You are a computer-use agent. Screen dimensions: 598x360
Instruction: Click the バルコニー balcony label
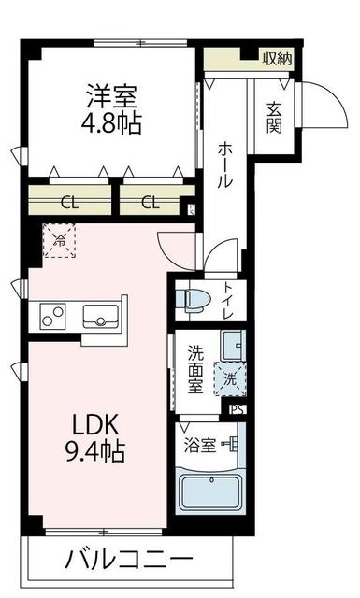click(x=129, y=562)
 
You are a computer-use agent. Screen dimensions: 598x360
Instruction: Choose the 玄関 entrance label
click(x=274, y=118)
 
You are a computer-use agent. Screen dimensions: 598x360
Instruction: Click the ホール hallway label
click(x=225, y=163)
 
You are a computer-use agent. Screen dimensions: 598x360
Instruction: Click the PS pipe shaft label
click(x=237, y=407)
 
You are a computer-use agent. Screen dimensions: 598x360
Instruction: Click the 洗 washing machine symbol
click(x=231, y=379)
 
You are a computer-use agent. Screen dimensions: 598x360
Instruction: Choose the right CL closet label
click(x=149, y=200)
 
